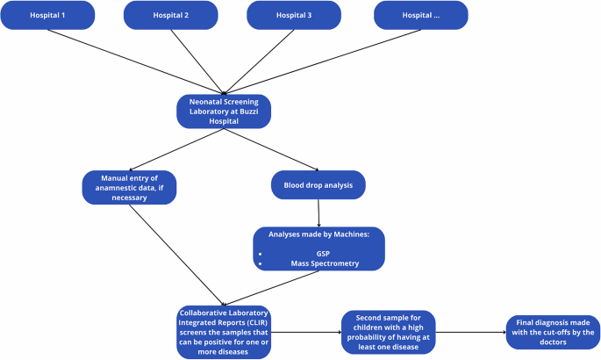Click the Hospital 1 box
pyautogui.click(x=47, y=15)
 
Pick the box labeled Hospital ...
pyautogui.click(x=420, y=15)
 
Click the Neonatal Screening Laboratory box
pyautogui.click(x=225, y=112)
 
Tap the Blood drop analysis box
pyautogui.click(x=318, y=185)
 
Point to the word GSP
pyautogui.click(x=323, y=251)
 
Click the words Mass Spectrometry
pyautogui.click(x=324, y=263)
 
